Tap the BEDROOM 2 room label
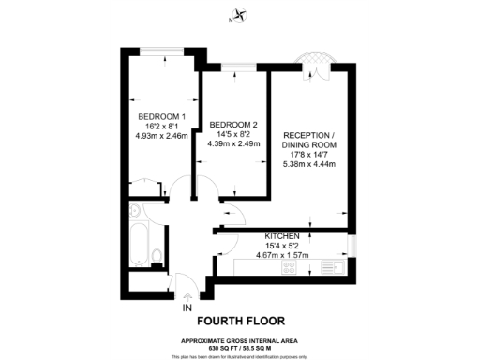pyautogui.click(x=233, y=125)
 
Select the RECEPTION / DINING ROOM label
pyautogui.click(x=315, y=141)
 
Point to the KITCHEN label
pyautogui.click(x=281, y=235)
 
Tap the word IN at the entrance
pyautogui.click(x=187, y=307)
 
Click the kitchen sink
pyautogui.click(x=328, y=266)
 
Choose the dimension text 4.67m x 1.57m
pyautogui.click(x=281, y=253)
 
